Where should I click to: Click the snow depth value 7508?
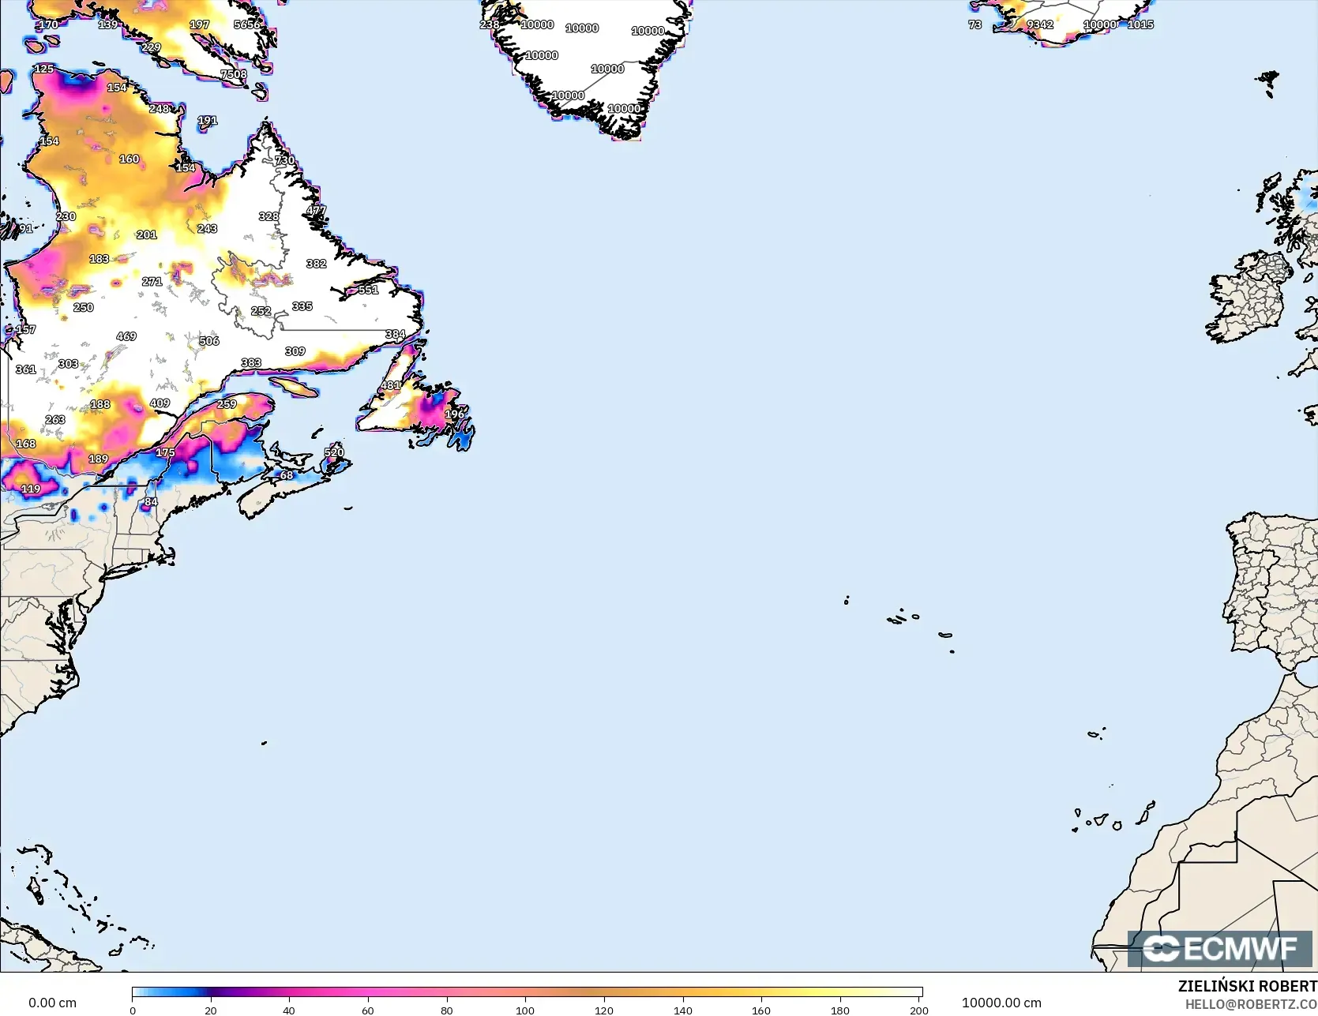[234, 75]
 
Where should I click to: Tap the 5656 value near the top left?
[247, 24]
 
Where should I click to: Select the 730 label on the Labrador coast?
[284, 161]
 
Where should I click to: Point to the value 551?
[368, 291]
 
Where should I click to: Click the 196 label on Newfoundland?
[454, 414]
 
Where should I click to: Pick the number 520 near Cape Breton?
[334, 452]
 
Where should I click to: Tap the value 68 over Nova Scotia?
[287, 475]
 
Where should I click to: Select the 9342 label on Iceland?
[1040, 24]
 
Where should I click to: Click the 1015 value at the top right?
[1140, 24]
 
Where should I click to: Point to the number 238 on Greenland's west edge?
[490, 24]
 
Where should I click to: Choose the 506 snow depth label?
[209, 341]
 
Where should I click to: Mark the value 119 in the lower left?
[31, 489]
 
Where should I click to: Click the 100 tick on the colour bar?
[525, 1010]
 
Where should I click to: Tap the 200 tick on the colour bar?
[918, 1010]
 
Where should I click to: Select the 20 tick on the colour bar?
[211, 1010]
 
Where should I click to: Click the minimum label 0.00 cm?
[53, 1003]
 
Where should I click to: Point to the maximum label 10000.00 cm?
[1001, 1003]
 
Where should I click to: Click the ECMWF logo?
[1220, 949]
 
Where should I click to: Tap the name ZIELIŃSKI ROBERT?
[1247, 986]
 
